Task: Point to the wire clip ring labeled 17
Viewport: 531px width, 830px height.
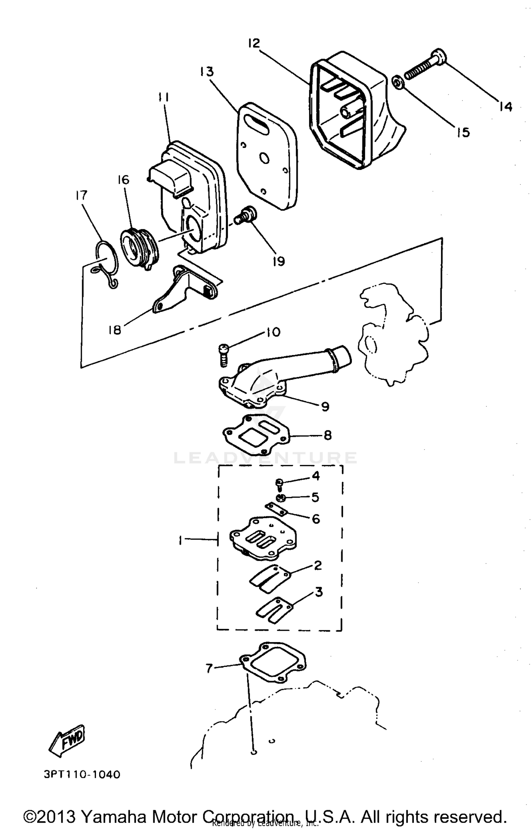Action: pos(107,263)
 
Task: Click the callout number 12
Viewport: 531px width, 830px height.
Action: pos(254,44)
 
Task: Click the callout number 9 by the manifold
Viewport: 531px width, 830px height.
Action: pos(325,407)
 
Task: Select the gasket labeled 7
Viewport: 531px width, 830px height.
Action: pos(273,664)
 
